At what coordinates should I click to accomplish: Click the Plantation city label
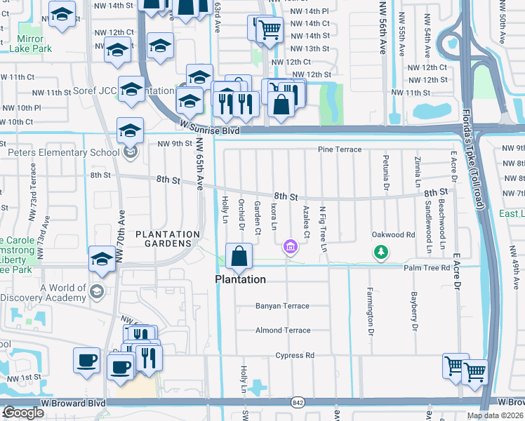(240, 279)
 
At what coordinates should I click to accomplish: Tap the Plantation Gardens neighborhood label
(164, 239)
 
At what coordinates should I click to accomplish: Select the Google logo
(23, 413)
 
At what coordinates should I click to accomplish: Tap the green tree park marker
(380, 251)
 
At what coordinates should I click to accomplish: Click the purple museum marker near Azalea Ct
(289, 246)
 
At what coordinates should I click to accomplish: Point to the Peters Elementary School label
(63, 153)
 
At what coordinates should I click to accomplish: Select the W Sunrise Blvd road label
(209, 128)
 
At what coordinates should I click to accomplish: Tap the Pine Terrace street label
(339, 149)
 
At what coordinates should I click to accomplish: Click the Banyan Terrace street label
(282, 306)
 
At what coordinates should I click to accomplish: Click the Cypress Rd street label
(295, 355)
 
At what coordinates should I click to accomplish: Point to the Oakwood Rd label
(389, 234)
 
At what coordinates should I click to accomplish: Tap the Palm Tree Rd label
(427, 267)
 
